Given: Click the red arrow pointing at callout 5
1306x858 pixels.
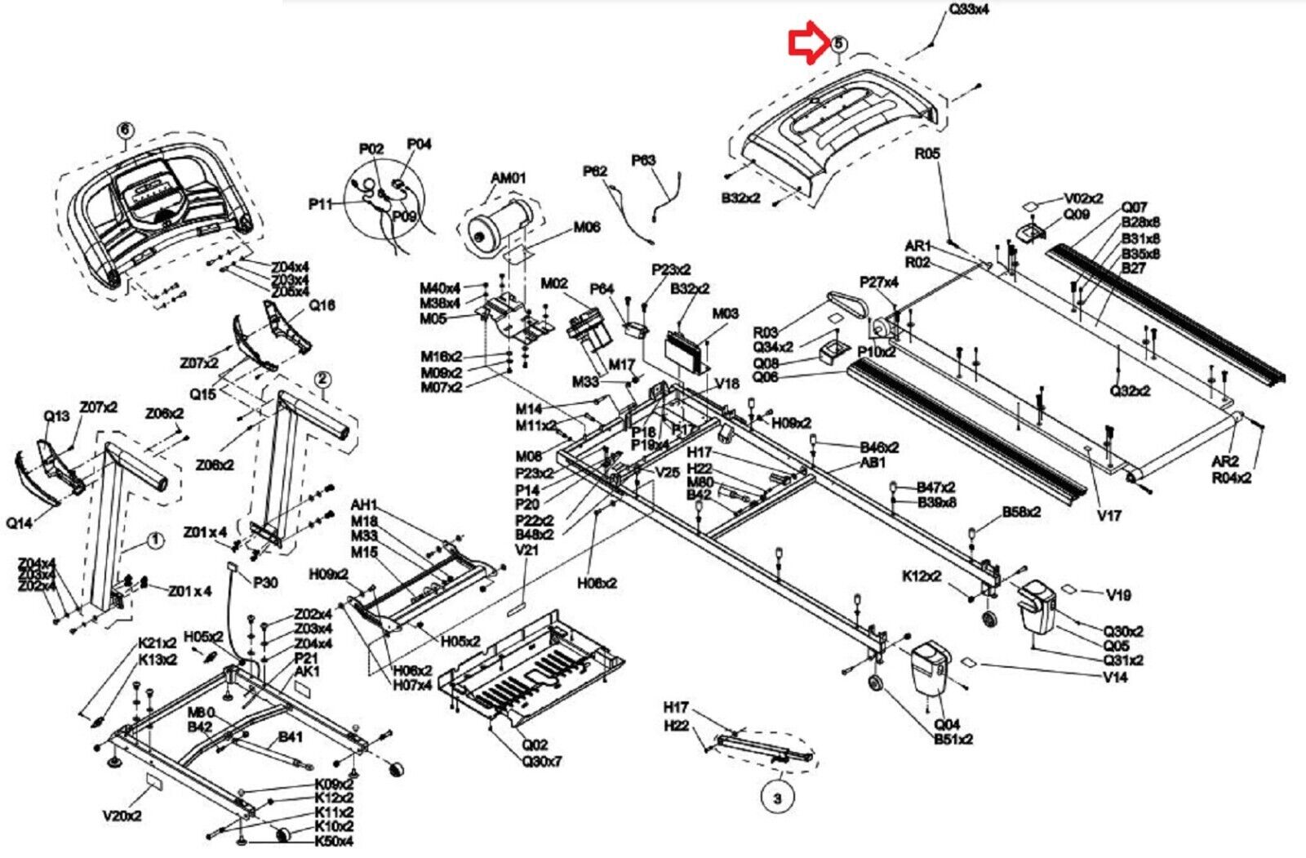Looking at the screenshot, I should pos(807,43).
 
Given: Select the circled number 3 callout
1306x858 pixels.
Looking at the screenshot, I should pos(777,798).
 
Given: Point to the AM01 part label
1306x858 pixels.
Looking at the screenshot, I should pos(509,178).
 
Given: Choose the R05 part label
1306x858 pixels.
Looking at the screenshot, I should pos(926,153).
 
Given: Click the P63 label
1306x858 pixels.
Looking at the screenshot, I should pos(643,160).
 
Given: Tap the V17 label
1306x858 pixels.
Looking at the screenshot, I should pos(1109,515).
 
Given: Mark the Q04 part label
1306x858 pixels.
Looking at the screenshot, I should pos(947,724).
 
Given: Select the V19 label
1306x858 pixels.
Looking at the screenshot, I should pos(1118,595).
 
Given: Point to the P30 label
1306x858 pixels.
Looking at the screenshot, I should pos(265,583).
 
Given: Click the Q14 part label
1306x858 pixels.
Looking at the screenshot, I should pos(19,522).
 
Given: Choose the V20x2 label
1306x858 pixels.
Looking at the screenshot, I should pos(122,816).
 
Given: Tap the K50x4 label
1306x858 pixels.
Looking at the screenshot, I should pos(334,841).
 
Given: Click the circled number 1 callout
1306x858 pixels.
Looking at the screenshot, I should pos(155,540).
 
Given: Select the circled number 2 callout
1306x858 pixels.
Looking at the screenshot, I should pos(323,379).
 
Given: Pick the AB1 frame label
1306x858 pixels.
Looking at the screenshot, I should pos(873,463).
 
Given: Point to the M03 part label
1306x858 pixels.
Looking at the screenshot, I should pos(725,313).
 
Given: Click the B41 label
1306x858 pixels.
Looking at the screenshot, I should pos(291,737).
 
